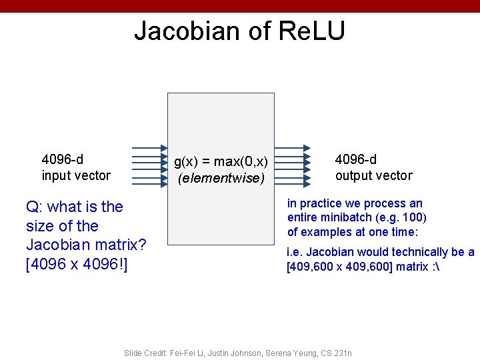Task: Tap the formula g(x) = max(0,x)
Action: pyautogui.click(x=221, y=161)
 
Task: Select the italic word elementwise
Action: pyautogui.click(x=221, y=178)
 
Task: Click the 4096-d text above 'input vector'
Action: pyautogui.click(x=62, y=159)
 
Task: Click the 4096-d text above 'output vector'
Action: pyautogui.click(x=355, y=159)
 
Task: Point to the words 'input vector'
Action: pyautogui.click(x=76, y=175)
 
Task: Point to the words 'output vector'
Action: pyautogui.click(x=373, y=175)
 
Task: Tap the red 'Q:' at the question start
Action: pyautogui.click(x=35, y=207)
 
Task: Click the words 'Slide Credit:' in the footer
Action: pyautogui.click(x=145, y=353)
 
